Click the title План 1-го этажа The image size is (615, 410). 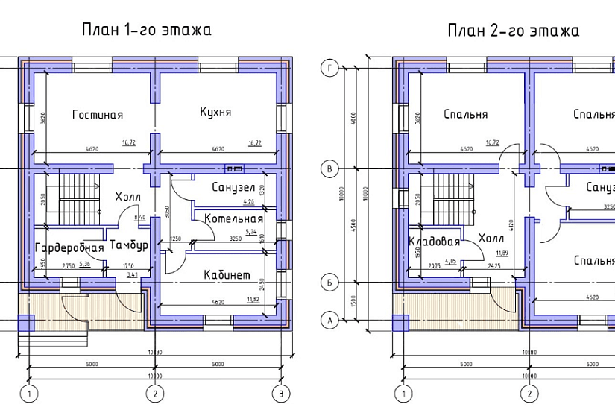coord(147,30)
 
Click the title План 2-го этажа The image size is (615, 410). coord(513,31)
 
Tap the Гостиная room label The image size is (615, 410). coord(98,115)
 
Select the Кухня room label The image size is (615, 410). coord(215,112)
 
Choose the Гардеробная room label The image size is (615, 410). coord(69,247)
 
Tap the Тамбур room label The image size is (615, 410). coord(128,245)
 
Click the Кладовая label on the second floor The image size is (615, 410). coord(434,242)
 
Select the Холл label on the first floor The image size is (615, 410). coord(127,197)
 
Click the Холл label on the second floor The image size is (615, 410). coord(491,239)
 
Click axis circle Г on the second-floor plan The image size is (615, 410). coord(329,69)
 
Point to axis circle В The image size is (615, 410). coord(329,170)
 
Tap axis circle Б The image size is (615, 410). coord(329,283)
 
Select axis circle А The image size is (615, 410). coord(329,320)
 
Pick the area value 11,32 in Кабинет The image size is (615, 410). coord(253,300)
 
